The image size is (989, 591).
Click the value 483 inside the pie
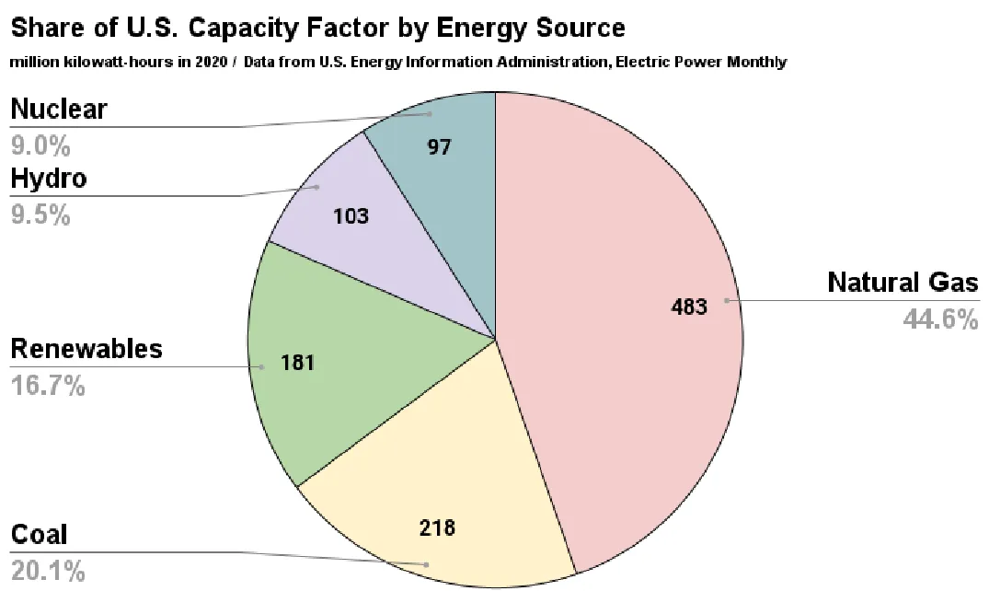(690, 307)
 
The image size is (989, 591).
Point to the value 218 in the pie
(437, 528)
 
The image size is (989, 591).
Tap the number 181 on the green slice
(297, 363)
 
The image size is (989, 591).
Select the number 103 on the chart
(351, 216)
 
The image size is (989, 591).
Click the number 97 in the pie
(440, 146)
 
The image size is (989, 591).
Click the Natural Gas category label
(903, 282)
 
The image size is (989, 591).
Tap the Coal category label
(39, 535)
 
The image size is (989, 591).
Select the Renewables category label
(86, 349)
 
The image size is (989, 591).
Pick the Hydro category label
(48, 178)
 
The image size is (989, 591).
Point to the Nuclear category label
(59, 110)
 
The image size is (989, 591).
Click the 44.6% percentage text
(942, 319)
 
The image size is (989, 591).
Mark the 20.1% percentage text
(48, 571)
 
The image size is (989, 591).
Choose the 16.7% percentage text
(48, 385)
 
